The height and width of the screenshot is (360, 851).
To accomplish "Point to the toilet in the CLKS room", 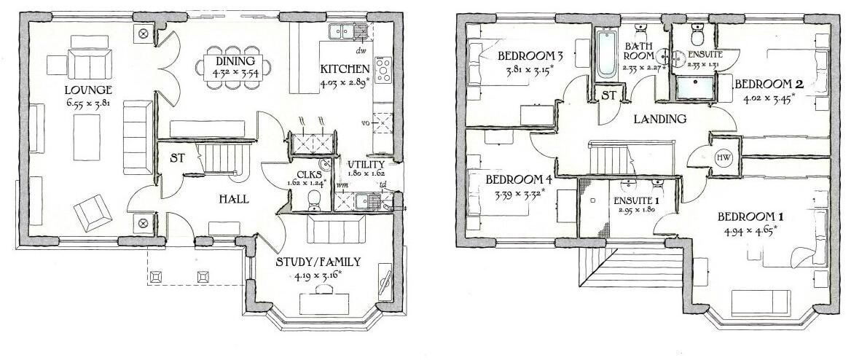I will pos(315,199).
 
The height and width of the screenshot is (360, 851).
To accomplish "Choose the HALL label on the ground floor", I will pos(232,198).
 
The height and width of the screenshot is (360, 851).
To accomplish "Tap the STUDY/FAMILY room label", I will pos(318,263).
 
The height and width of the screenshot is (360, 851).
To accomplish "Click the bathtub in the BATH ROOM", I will pos(605,55).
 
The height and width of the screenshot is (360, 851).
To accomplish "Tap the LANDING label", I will pos(660,120).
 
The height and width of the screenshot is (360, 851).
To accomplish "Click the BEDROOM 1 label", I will pos(750,217).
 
